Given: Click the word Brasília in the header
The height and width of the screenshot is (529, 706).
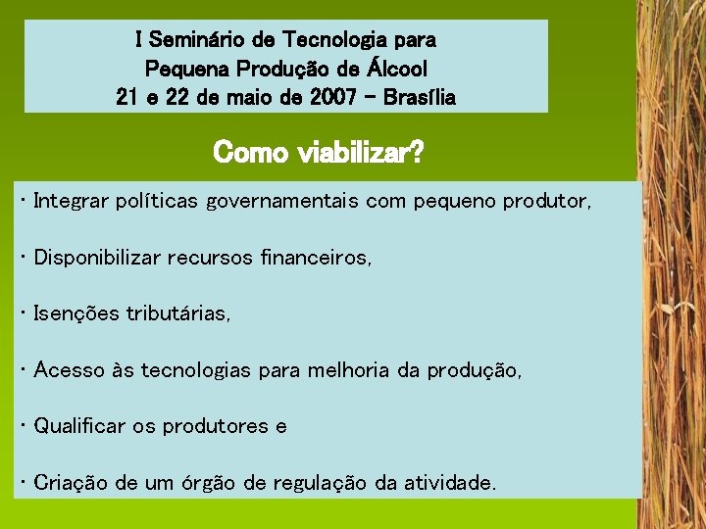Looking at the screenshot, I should (x=422, y=98).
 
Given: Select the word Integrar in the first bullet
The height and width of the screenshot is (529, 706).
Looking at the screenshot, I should (x=70, y=202).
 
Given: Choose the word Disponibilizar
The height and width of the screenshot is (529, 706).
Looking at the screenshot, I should (x=98, y=258).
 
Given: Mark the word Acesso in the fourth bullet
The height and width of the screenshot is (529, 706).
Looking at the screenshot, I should (x=66, y=370).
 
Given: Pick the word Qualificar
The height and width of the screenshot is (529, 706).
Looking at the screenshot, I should (x=79, y=426).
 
